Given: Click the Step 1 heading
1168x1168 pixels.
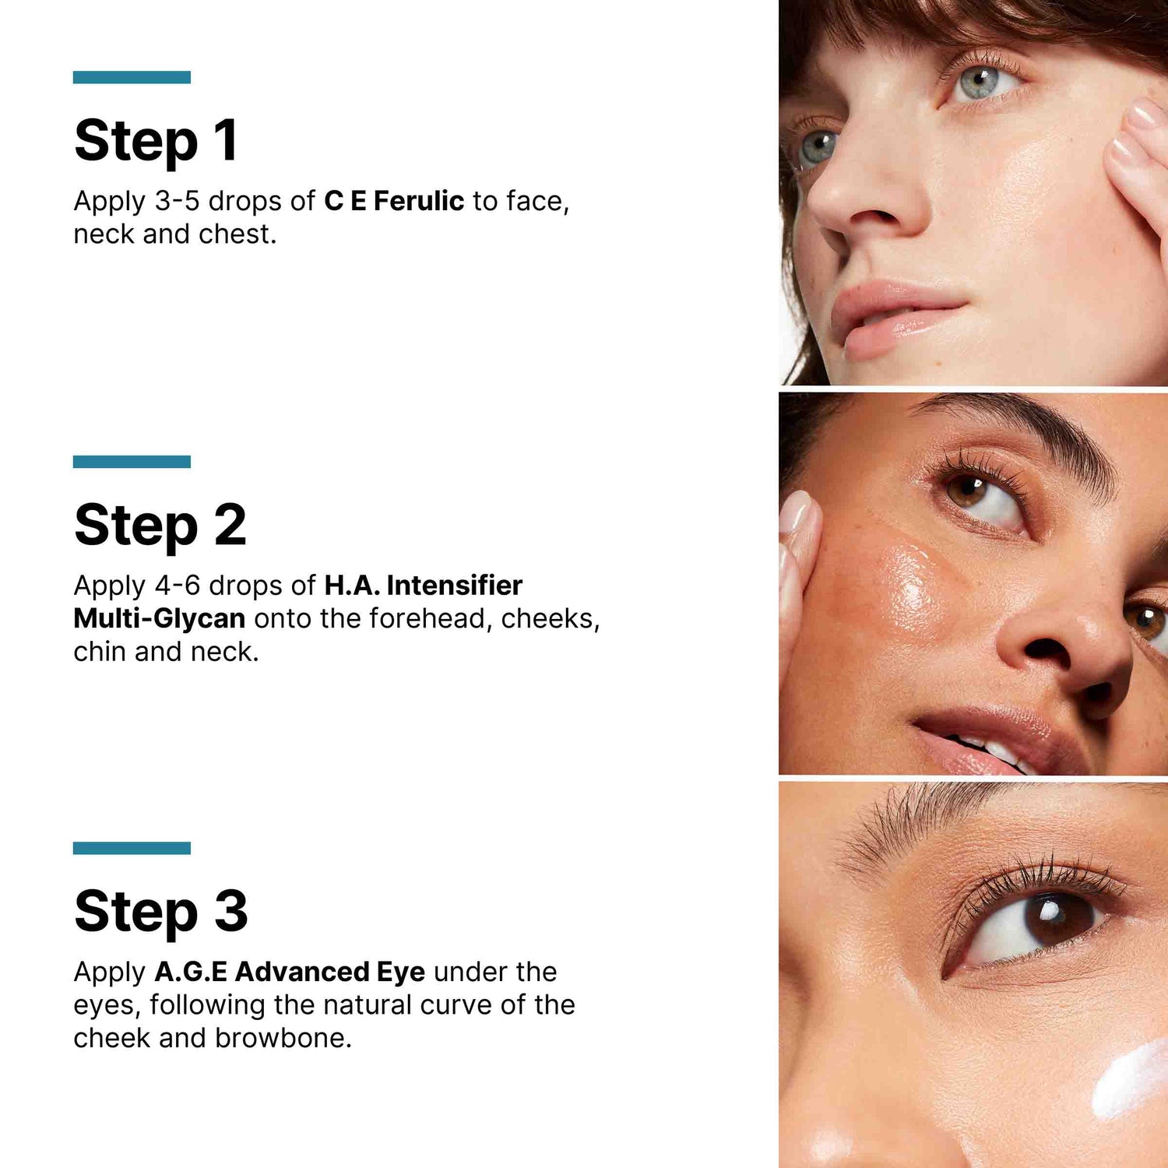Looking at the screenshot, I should tap(156, 141).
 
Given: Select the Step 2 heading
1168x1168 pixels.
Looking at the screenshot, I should tap(160, 526).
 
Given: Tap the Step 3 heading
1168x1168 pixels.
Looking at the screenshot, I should tap(161, 911).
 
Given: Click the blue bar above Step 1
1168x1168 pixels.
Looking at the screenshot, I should tap(132, 77).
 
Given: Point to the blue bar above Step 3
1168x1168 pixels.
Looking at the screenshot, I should tap(132, 848).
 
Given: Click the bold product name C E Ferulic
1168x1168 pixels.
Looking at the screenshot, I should tap(394, 201).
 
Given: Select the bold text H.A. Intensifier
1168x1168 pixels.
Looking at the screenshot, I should tap(423, 586).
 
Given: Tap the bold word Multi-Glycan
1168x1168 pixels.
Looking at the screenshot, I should tap(160, 618).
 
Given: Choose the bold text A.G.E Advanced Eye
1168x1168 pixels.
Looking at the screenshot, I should tap(290, 972).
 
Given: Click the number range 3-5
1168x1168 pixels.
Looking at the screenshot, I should tap(177, 201).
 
